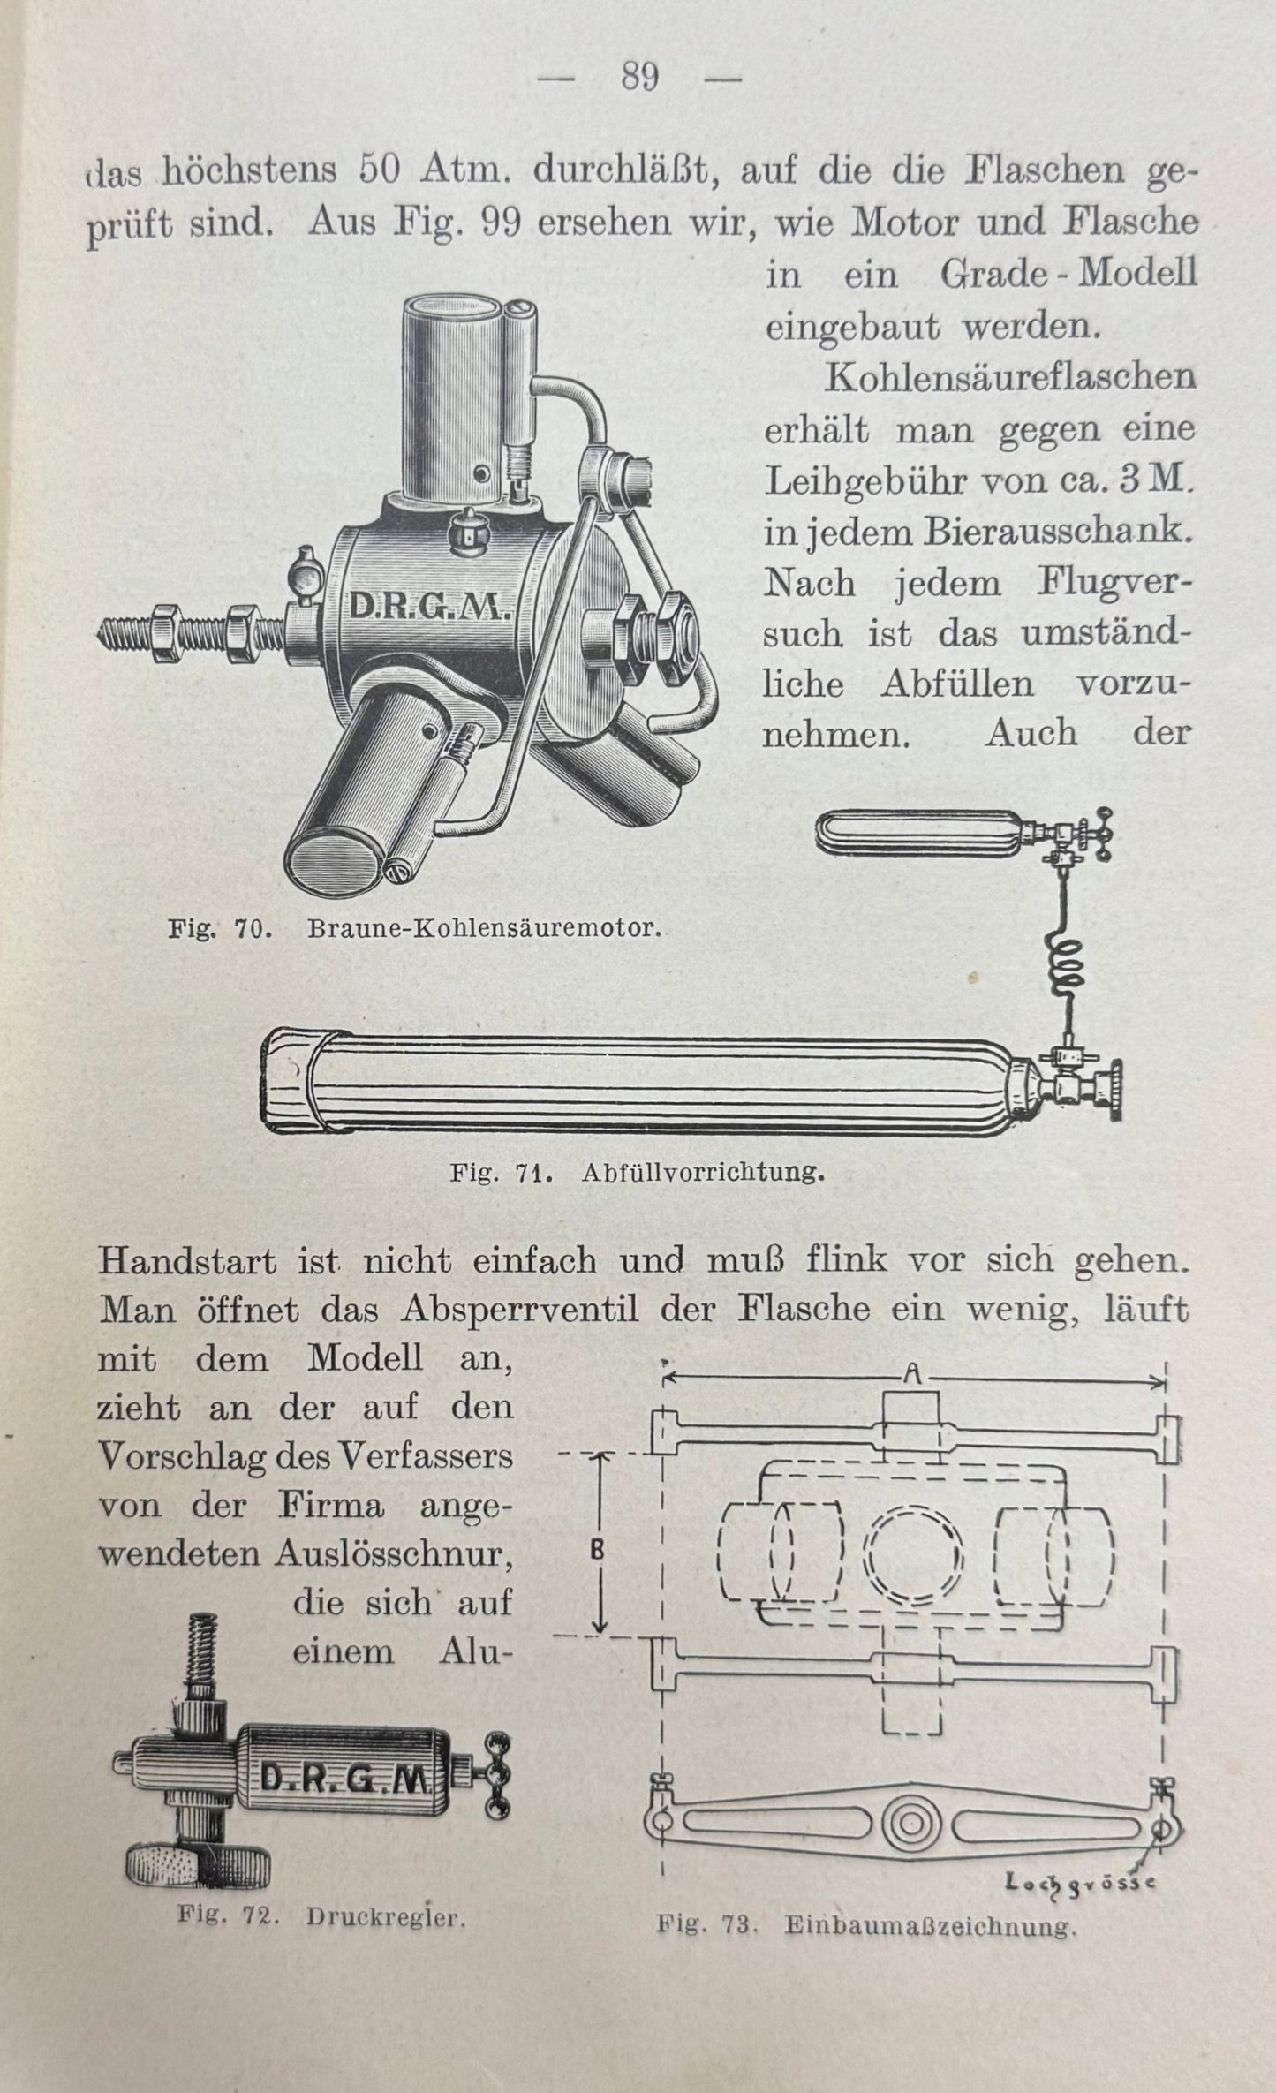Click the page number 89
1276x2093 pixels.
(x=639, y=78)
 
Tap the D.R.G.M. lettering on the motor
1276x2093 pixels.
(x=426, y=608)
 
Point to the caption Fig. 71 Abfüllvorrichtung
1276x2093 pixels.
(x=637, y=1173)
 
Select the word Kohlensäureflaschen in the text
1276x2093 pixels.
(x=1010, y=378)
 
